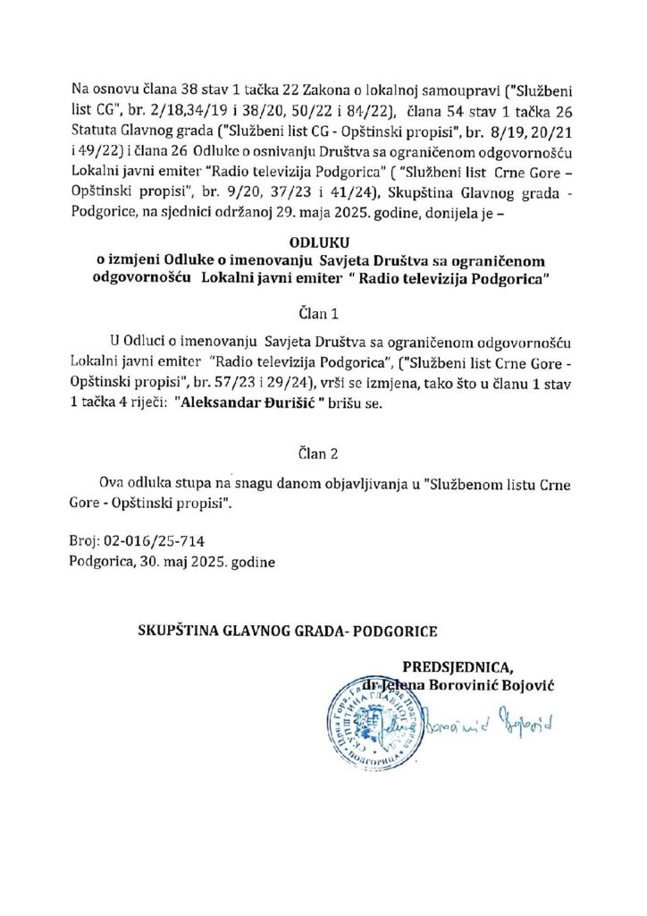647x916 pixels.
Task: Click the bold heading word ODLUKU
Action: [323, 242]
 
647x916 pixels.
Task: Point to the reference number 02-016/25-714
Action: [155, 541]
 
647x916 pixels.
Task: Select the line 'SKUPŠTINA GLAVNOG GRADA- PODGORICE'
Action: [287, 631]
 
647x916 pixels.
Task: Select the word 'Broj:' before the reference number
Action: [85, 541]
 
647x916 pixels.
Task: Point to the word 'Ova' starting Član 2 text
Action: [119, 484]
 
